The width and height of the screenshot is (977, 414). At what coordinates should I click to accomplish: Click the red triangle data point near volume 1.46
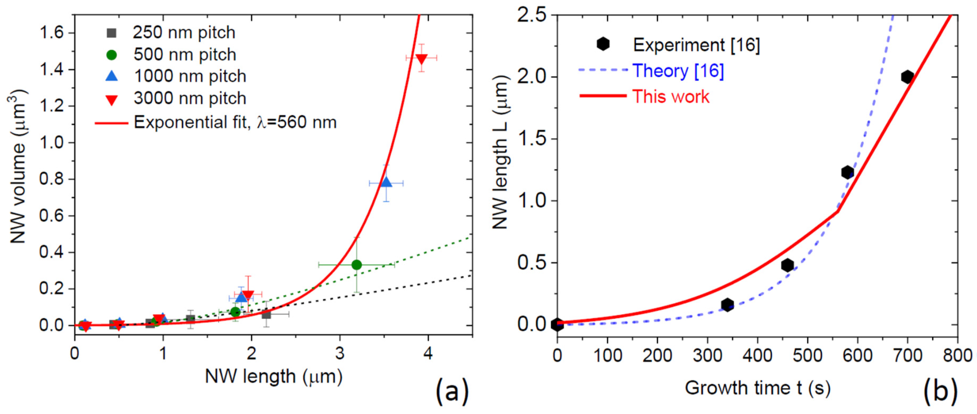coord(421,58)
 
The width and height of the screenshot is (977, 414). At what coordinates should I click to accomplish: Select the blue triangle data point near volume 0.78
coord(386,182)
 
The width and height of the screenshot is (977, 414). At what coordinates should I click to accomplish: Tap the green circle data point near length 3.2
coord(357,265)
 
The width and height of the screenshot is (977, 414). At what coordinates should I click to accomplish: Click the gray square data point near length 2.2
coord(266,314)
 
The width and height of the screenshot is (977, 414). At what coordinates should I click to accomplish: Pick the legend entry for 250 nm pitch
coord(184,33)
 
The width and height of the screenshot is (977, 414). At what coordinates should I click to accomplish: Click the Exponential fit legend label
coord(235,122)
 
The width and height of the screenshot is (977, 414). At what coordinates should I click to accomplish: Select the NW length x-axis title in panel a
coord(274,376)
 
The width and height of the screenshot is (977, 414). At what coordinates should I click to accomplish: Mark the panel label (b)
coord(940,391)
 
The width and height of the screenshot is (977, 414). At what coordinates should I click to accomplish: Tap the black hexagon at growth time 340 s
coord(727,305)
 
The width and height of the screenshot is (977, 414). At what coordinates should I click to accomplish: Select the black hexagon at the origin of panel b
coord(557,324)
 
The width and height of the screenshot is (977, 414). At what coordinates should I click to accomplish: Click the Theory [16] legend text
coord(678,71)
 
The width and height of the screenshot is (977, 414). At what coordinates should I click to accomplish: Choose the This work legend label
coord(671,96)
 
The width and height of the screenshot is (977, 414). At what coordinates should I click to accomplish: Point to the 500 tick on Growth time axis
coord(807,356)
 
